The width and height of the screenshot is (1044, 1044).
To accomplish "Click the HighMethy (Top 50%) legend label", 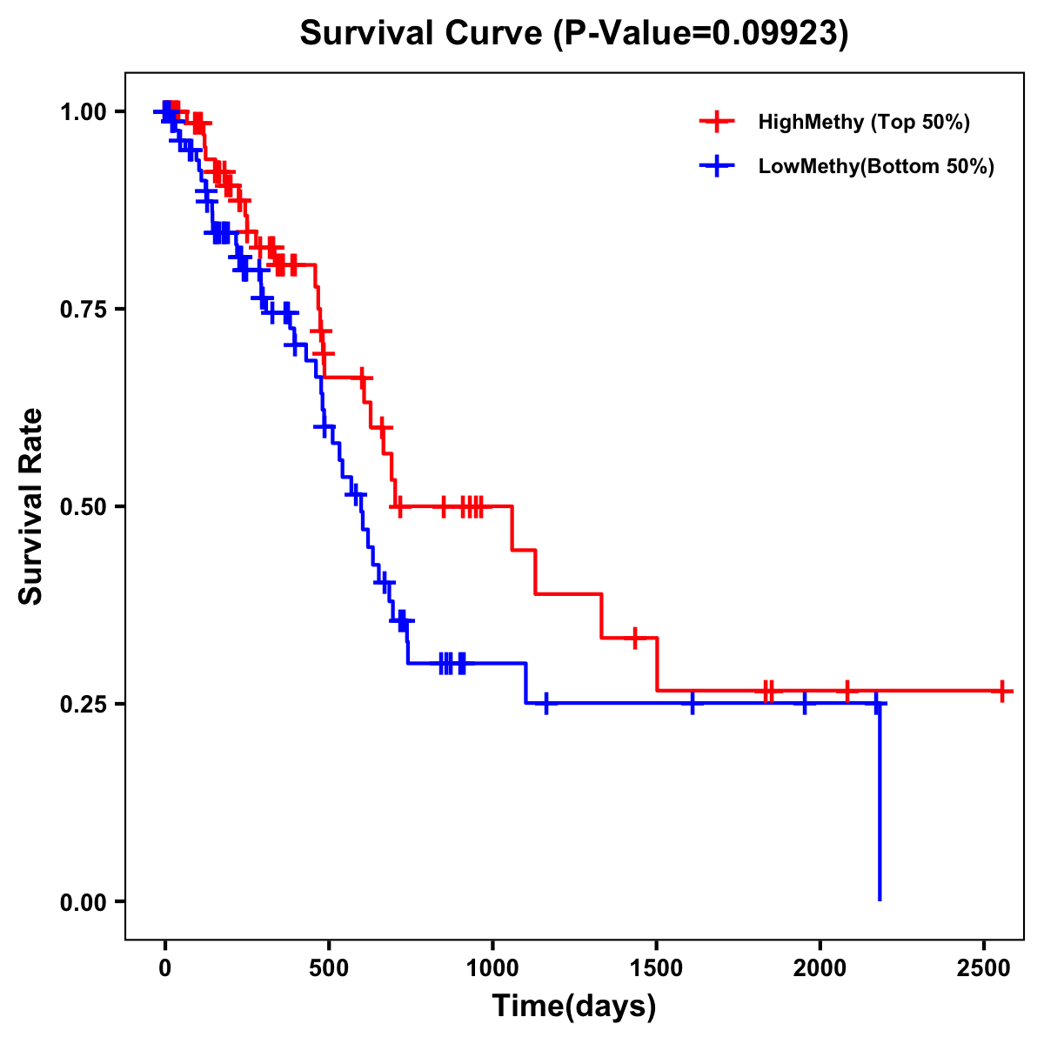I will (x=863, y=122).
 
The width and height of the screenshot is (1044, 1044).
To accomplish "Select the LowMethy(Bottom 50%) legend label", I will (x=875, y=166).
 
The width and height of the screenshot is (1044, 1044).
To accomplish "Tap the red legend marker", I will (x=716, y=122).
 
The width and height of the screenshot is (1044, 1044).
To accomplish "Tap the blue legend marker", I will (x=716, y=166).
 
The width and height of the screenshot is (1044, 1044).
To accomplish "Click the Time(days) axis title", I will (x=573, y=1007).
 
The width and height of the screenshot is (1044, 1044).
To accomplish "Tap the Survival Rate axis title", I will (x=31, y=505).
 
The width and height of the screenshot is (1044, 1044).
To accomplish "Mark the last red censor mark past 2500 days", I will (x=1002, y=691).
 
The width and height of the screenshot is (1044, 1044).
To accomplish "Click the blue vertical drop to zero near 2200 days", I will (x=880, y=800).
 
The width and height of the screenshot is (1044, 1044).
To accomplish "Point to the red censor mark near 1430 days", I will (x=635, y=638).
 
